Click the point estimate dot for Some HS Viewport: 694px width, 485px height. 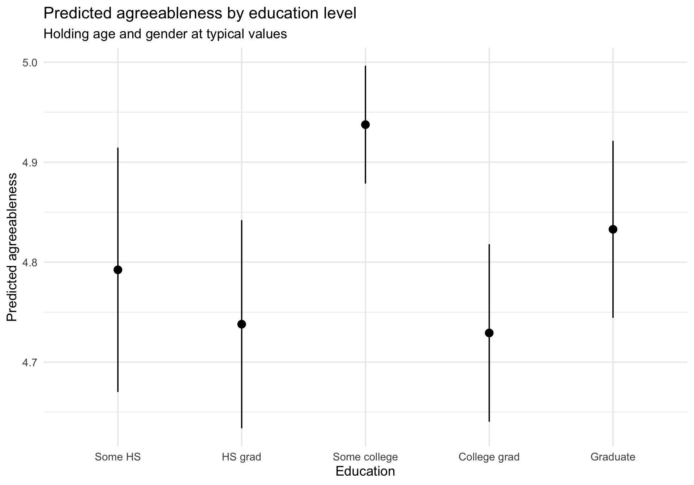point(118,270)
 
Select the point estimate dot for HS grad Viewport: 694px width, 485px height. point(241,324)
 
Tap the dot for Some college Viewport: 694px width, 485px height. point(365,125)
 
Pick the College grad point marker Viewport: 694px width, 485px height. point(489,333)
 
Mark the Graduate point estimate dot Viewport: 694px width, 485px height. point(613,229)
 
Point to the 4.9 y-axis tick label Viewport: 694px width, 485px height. point(30,163)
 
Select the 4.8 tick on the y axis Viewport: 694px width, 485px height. point(30,262)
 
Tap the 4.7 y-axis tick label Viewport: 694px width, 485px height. point(30,362)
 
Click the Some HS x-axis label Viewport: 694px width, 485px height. point(118,457)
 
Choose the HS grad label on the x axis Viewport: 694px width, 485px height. point(241,457)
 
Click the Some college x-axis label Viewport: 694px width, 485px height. point(365,457)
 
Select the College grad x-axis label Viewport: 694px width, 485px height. point(489,457)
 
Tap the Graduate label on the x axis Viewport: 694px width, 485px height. point(613,457)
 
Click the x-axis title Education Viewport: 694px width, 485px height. point(365,471)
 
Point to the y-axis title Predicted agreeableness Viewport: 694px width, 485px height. point(12,247)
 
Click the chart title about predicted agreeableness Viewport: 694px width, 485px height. point(200,14)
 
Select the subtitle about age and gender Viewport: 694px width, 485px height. point(165,34)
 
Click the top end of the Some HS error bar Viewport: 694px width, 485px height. point(118,148)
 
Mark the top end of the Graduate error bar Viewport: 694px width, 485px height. point(613,141)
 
